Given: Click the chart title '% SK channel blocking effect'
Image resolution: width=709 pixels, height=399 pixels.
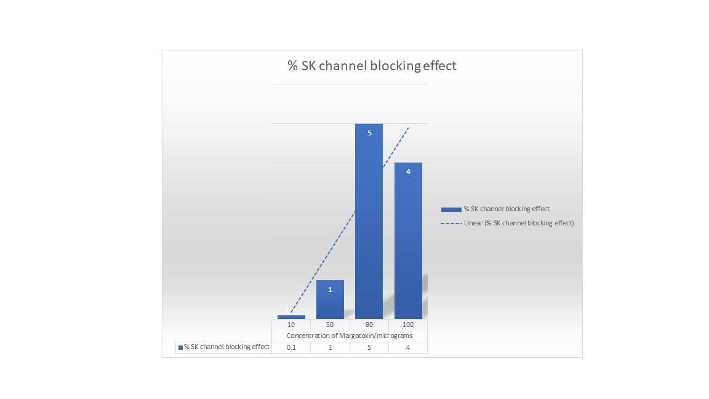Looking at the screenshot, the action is pos(372,66).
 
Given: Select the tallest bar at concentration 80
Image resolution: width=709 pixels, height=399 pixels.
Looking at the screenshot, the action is pos(369,221).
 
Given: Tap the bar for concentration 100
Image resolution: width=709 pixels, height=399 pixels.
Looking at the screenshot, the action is pos(408,241).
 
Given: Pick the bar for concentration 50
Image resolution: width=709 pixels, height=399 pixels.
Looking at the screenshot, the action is pos(330,299).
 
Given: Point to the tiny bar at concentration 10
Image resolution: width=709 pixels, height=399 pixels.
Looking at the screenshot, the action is pos(291,317).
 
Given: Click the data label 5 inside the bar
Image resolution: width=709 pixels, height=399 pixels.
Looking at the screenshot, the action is pos(369,133).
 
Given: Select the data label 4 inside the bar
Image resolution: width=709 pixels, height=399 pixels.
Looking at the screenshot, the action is pos(408,172).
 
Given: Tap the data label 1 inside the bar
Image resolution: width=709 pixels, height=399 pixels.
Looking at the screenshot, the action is pos(330,289).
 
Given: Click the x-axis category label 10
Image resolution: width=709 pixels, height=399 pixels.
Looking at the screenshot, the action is pos(291,325).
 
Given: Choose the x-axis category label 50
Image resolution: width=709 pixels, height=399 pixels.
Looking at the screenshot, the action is pos(330,325).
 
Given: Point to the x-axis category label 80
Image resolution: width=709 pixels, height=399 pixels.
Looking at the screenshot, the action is pos(369,325).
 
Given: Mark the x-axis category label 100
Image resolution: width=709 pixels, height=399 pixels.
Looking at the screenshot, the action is pos(408,325).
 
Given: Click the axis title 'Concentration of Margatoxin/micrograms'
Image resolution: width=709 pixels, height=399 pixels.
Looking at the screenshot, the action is pos(350,336).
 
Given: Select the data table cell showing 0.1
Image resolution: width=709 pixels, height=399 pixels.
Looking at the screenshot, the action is pos(291,347).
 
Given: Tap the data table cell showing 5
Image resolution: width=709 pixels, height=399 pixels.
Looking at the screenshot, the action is pos(369,347).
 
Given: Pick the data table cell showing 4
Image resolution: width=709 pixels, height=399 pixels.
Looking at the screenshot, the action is pos(408,347).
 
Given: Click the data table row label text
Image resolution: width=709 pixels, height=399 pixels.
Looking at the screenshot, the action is pos(226,347).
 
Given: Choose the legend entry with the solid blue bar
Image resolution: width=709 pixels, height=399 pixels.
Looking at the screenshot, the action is pos(495,209).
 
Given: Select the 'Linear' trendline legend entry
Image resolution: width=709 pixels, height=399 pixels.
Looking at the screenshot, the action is pos(507,223).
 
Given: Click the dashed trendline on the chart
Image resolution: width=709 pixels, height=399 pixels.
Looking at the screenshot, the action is pos(350,220).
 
